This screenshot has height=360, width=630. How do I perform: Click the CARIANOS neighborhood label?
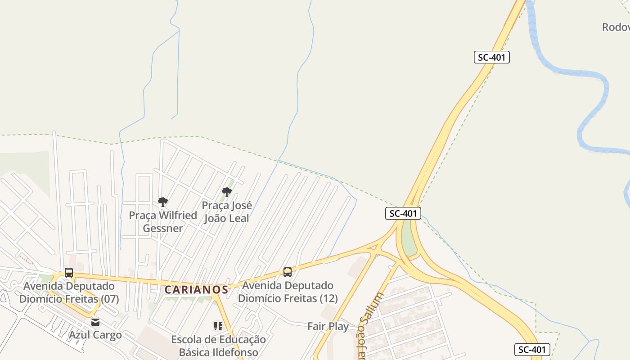click(x=196, y=289)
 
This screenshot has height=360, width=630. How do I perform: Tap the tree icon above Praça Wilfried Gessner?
click(x=163, y=202)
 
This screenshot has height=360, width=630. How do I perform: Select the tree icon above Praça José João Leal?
click(x=227, y=193)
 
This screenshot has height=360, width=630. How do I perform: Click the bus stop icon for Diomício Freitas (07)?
click(x=69, y=273)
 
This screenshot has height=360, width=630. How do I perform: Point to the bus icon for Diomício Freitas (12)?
click(x=288, y=272)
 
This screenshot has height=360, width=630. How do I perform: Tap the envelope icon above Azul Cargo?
click(x=95, y=322)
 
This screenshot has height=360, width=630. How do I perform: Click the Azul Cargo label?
click(x=95, y=335)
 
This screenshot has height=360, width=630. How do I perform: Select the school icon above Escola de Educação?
click(x=218, y=326)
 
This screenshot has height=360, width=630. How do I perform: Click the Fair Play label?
click(x=328, y=326)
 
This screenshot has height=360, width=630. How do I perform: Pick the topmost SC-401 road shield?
click(x=492, y=57)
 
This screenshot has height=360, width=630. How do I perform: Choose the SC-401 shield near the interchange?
click(x=403, y=213)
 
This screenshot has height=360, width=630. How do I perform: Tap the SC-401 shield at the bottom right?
click(x=532, y=350)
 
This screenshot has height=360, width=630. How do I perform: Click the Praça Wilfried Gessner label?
click(x=163, y=222)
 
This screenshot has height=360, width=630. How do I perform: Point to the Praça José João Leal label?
click(x=227, y=212)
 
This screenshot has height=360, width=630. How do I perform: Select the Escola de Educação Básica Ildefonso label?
click(x=218, y=346)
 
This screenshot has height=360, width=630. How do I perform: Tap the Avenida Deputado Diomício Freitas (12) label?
click(x=288, y=292)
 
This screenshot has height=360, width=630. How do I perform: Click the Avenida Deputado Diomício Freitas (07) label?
click(x=69, y=292)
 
